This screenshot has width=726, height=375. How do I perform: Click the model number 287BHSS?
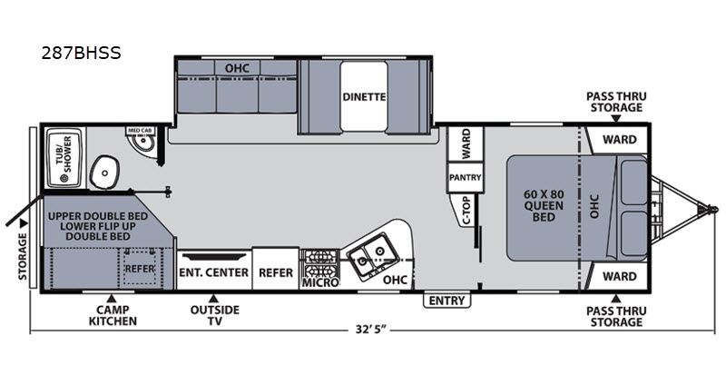pos(81,54)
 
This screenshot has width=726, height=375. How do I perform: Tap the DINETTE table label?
pos(364,97)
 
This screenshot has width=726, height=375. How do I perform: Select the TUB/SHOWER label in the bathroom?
pos(64,154)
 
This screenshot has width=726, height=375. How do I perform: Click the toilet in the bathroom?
pos(105,172)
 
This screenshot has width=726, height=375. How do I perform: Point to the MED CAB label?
pos(140,131)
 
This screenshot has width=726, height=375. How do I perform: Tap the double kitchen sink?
pos(374,256)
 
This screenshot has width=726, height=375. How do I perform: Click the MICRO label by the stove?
pos(320,282)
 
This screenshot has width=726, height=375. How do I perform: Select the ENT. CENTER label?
pos(214,272)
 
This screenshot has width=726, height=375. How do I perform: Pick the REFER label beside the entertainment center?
pos(276,272)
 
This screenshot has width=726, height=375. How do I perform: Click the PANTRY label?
pos(466,178)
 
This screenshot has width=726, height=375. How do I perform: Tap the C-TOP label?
pos(466,211)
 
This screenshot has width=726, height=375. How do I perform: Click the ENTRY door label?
pos(446,301)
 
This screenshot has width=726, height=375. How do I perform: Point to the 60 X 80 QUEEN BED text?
pos(544,205)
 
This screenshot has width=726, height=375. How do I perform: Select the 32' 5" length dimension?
pos(371,330)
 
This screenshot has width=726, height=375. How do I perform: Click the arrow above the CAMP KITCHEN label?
pos(111,299)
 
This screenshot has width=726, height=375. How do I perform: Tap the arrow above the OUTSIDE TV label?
pos(213,299)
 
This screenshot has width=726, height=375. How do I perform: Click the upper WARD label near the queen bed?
pos(620,140)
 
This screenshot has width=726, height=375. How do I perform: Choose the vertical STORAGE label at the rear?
pos(24,257)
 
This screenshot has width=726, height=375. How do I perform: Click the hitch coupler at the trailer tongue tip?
pos(712,209)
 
